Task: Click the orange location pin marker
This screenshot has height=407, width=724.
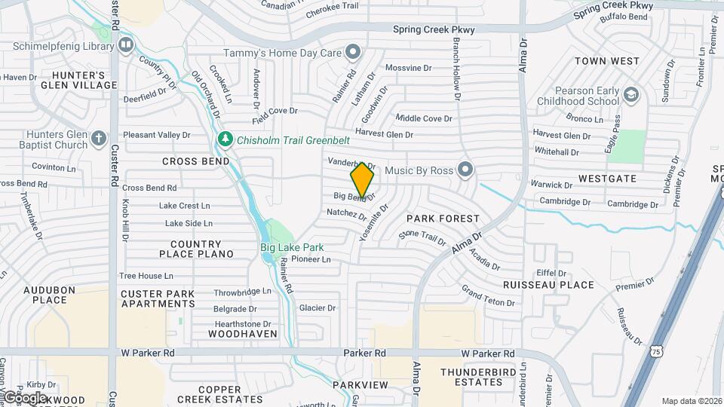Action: [x=362, y=180]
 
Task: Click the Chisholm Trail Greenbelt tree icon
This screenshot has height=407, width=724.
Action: [x=225, y=139]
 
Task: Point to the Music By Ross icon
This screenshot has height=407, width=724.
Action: [x=465, y=170]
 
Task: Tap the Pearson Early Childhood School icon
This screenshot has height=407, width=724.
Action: [x=630, y=96]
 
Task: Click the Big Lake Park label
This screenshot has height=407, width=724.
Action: [x=292, y=247]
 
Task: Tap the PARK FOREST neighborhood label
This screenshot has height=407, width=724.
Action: [x=443, y=219]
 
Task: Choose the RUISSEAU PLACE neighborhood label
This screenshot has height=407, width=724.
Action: [x=548, y=285]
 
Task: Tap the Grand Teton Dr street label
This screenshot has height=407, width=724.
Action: [x=488, y=296]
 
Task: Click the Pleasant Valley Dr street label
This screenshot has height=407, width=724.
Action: [x=157, y=135]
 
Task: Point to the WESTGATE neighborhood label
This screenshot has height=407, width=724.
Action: [x=607, y=179]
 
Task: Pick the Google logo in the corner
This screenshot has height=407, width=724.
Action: [x=25, y=397]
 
